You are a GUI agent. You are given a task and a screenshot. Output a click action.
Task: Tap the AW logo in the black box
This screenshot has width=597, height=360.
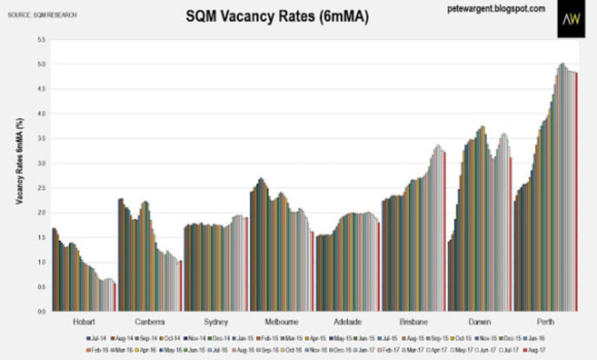(571, 20)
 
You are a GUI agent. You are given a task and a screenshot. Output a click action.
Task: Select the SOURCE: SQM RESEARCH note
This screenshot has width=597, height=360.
(42, 15)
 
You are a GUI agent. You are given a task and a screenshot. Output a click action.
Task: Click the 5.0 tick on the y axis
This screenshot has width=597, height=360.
(42, 64)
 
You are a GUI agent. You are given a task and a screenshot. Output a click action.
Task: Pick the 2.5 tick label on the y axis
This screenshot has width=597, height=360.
(42, 188)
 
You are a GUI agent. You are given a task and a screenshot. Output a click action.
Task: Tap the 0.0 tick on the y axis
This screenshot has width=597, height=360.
(42, 311)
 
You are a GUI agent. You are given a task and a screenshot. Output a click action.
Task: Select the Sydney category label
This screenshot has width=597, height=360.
(217, 322)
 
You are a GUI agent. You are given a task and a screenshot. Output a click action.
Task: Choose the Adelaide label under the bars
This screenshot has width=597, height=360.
(347, 322)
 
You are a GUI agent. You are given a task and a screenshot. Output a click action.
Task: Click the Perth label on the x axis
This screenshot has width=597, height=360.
(545, 322)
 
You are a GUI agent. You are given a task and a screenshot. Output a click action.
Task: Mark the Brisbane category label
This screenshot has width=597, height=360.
(413, 322)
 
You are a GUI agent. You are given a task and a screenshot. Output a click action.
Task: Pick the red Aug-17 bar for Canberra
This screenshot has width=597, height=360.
(181, 285)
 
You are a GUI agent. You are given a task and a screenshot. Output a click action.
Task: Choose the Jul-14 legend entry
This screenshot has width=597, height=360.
(96, 338)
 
